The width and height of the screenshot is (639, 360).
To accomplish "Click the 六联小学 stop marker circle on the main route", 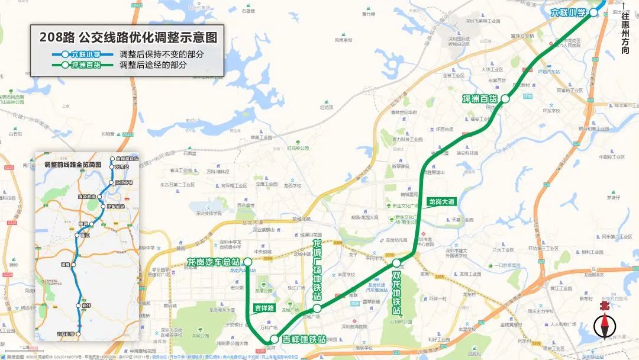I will point(593,12).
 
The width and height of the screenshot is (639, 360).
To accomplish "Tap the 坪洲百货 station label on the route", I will point(480,99).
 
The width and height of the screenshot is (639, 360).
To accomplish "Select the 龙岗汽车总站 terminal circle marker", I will point(247,261).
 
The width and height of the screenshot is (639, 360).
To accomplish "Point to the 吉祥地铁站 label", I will point(303,339).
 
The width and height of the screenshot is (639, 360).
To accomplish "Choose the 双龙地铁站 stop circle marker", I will point(397,262).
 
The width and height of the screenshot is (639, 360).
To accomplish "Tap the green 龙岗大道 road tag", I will point(442,202).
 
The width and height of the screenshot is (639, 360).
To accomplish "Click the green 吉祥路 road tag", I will point(264,308).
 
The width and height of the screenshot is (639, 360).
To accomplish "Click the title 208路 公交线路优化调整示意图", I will point(128,37).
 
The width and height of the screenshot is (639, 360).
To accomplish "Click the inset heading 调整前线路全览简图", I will point(73,163).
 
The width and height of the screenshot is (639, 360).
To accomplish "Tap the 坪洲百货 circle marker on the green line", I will point(505,99).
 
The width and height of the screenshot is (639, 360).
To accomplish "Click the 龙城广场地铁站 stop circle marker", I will point(317,308).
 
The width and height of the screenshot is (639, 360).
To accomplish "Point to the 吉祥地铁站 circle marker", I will point(274,339).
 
